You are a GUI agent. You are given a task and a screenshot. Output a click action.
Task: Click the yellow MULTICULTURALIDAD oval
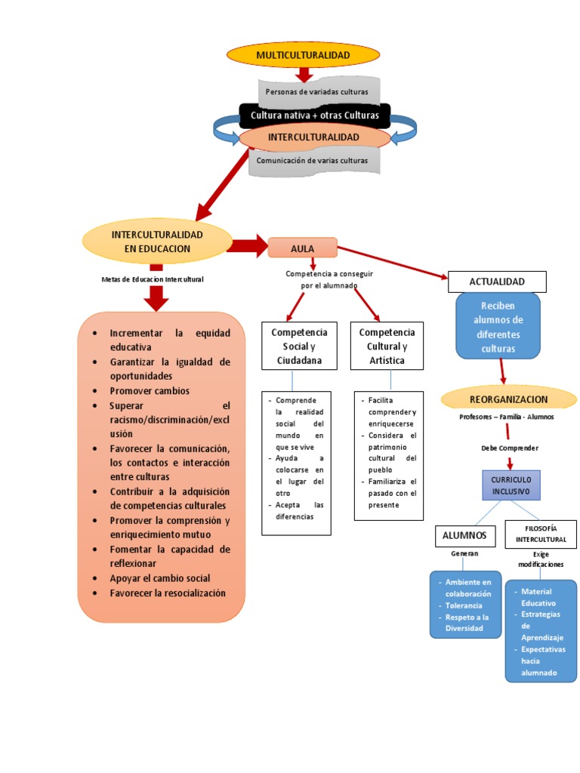[x=303, y=56]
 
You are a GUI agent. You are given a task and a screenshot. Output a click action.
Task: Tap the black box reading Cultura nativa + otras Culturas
[x=314, y=115]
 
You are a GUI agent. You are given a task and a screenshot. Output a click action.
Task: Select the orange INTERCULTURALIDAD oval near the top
[x=314, y=137]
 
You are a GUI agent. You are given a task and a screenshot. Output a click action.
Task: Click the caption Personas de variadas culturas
[x=316, y=91]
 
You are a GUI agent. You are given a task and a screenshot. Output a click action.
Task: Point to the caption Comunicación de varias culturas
[x=313, y=160]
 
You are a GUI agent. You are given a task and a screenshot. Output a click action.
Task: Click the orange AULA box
[x=302, y=247]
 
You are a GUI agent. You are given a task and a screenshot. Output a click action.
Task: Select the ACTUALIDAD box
[x=496, y=282]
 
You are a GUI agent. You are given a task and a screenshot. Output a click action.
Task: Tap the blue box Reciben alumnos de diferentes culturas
[x=498, y=326]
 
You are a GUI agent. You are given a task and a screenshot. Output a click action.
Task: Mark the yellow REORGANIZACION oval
[x=508, y=399]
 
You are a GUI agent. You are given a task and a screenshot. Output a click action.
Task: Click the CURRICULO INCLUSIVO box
[x=511, y=485]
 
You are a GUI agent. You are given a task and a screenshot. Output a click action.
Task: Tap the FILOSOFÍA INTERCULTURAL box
[x=540, y=534]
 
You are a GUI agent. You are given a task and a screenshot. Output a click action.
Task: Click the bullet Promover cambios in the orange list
[x=150, y=391]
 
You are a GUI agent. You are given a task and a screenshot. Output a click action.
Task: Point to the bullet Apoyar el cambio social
[x=159, y=578]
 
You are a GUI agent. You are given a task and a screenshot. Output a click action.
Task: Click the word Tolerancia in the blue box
[x=464, y=605]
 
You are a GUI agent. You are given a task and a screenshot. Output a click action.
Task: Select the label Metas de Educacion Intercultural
[x=153, y=279]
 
